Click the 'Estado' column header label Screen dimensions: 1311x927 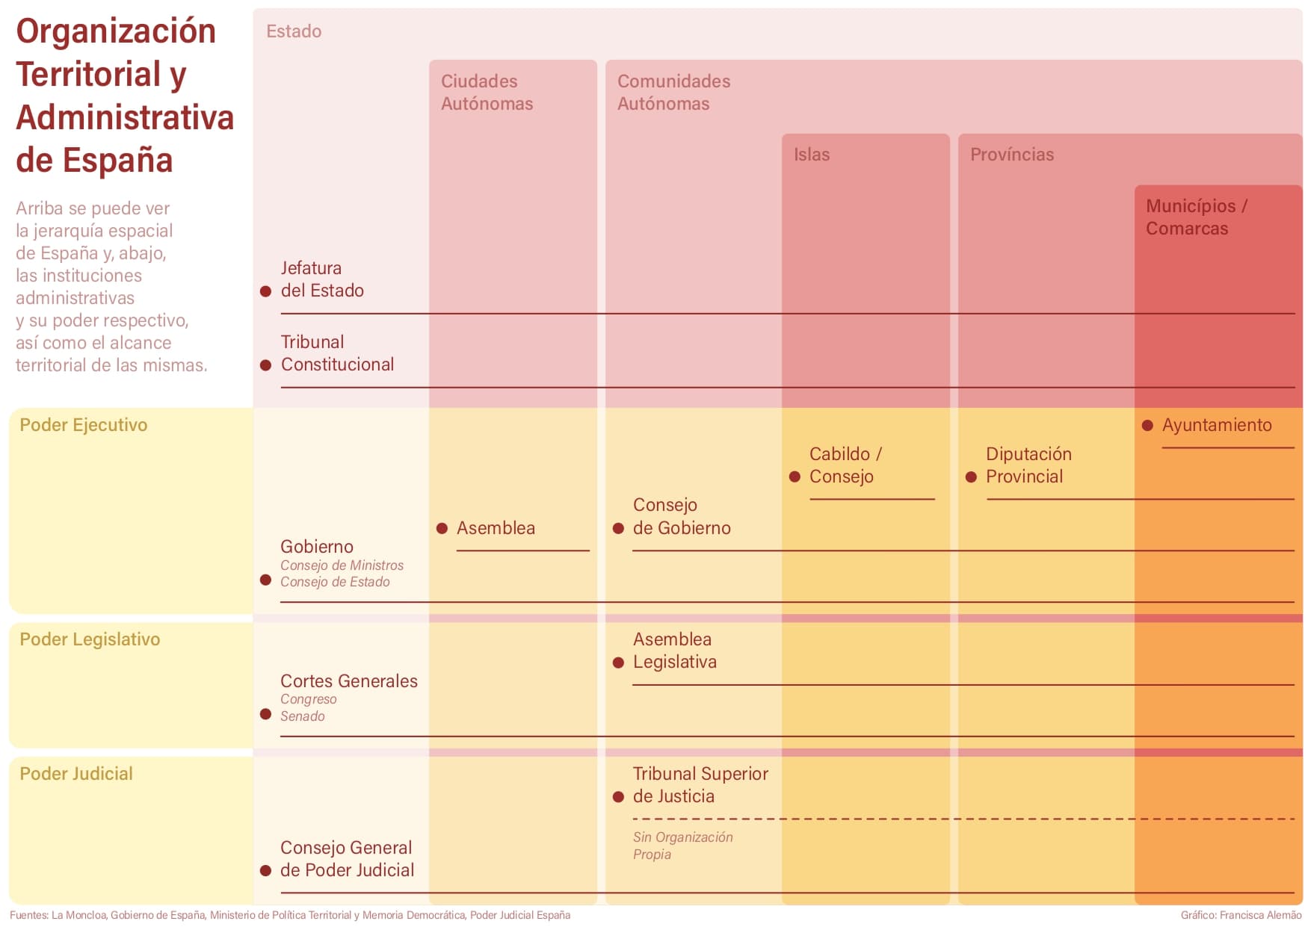294,31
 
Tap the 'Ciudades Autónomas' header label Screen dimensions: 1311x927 487,93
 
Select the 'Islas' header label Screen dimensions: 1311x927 812,155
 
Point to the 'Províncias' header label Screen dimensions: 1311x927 1012,155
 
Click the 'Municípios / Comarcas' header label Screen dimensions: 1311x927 1197,217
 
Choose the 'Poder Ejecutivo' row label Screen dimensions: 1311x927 84,425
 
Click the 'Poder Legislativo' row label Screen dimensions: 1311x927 90,639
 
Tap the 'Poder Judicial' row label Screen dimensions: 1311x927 76,774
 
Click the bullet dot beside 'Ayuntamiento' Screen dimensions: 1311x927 1147,426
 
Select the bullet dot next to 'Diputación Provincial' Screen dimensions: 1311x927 971,477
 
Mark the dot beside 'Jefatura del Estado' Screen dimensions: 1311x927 265,291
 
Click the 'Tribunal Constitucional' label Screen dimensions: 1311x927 337,353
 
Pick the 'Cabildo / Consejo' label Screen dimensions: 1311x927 845,465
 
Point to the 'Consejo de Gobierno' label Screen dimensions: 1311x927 682,516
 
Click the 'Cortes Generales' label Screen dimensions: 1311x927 349,681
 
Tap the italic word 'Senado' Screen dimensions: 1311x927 303,716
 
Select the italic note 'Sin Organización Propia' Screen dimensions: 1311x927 683,846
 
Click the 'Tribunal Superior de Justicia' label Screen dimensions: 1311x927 700,785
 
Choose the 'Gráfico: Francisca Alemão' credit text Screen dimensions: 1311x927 1241,915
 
